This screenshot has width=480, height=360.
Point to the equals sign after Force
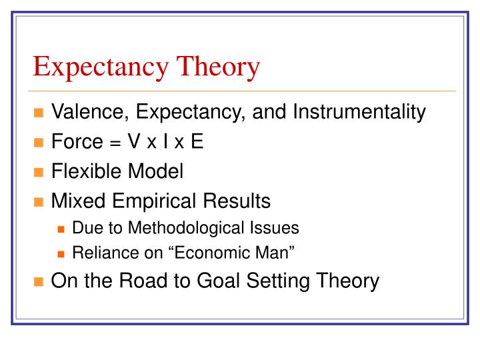(111, 143)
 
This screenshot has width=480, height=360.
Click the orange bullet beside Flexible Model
(39, 173)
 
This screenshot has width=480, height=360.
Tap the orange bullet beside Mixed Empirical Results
(39, 201)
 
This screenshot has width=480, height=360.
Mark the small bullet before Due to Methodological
(61, 229)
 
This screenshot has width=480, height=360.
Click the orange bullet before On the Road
(39, 281)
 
